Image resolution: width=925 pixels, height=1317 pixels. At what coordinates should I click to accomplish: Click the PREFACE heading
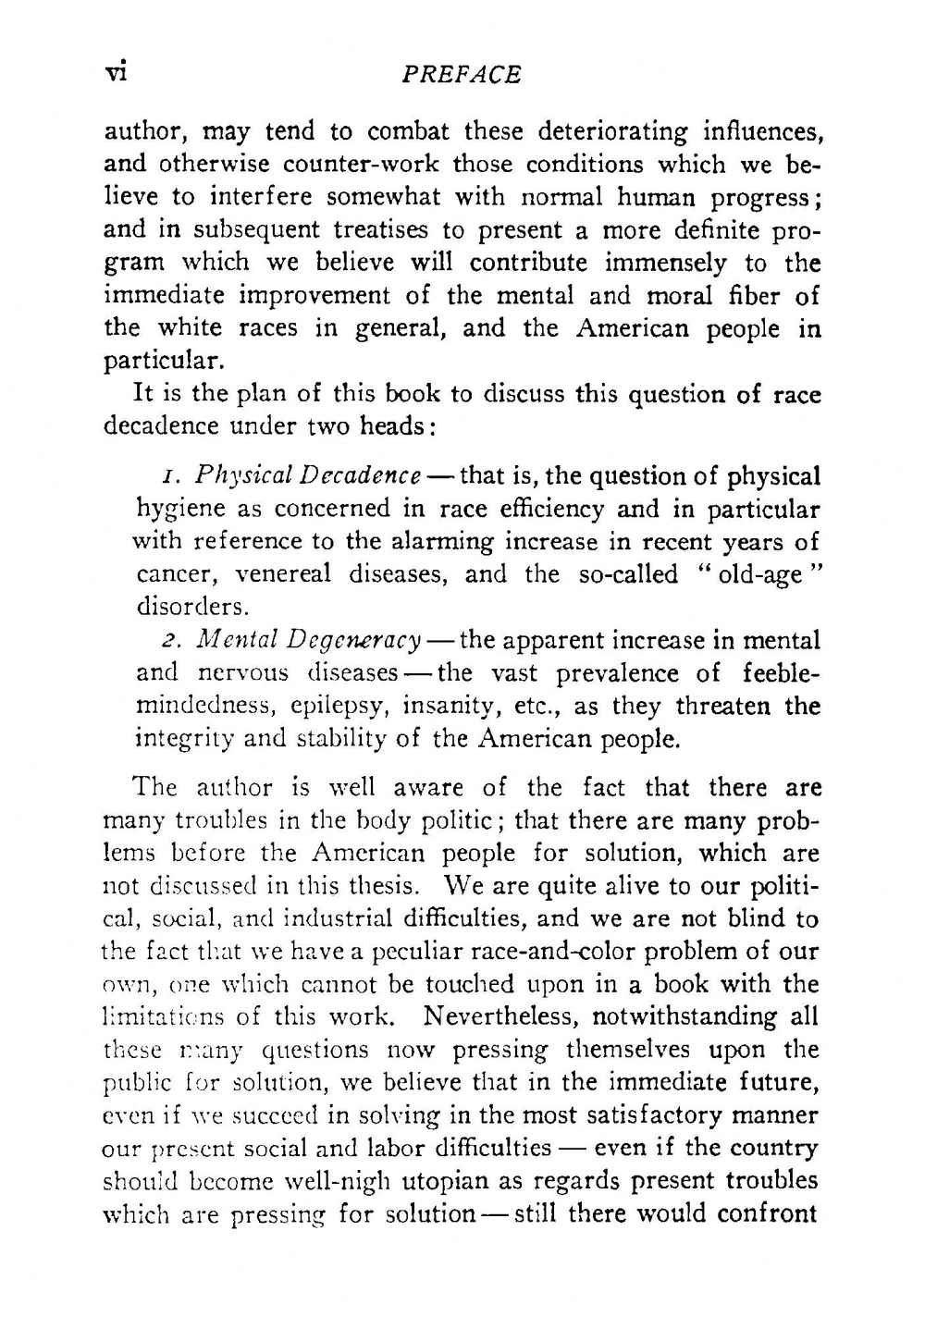click(462, 75)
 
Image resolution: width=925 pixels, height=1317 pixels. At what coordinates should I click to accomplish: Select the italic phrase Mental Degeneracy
click(310, 641)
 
